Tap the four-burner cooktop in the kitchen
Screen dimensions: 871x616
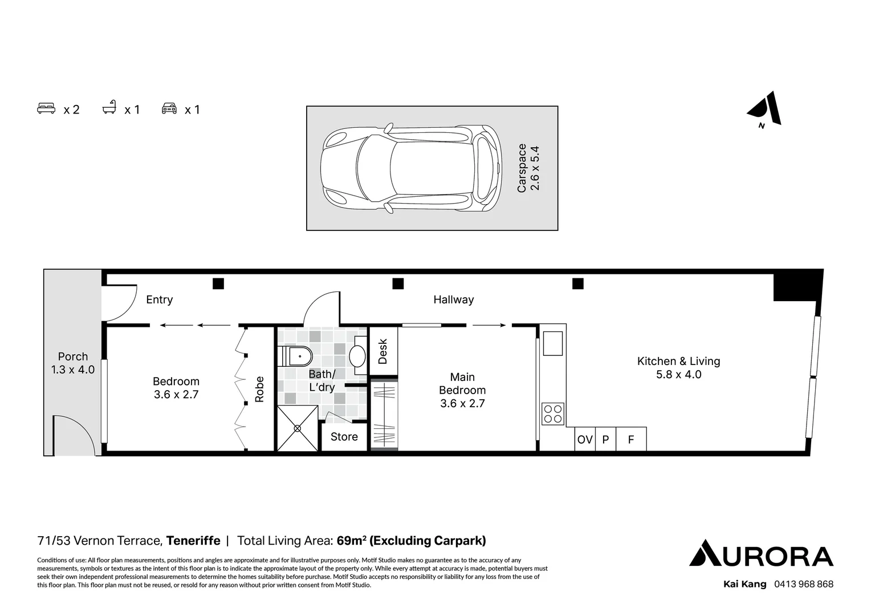point(553,414)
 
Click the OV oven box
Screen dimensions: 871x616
point(585,439)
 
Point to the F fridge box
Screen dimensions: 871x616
point(631,439)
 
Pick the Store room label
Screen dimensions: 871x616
point(344,436)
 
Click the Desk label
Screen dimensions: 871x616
point(382,351)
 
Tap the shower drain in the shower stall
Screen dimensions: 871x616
point(298,428)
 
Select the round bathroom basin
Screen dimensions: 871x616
point(357,356)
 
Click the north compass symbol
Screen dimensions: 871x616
point(764,110)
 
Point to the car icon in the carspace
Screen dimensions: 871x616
point(411,168)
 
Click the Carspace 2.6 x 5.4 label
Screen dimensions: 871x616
point(528,168)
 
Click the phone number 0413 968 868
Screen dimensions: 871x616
point(804,584)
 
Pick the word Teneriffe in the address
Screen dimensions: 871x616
point(193,541)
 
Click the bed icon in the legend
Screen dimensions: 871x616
point(46,108)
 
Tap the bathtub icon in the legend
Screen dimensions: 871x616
point(109,107)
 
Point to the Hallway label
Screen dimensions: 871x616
point(454,299)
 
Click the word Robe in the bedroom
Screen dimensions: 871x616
point(259,389)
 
